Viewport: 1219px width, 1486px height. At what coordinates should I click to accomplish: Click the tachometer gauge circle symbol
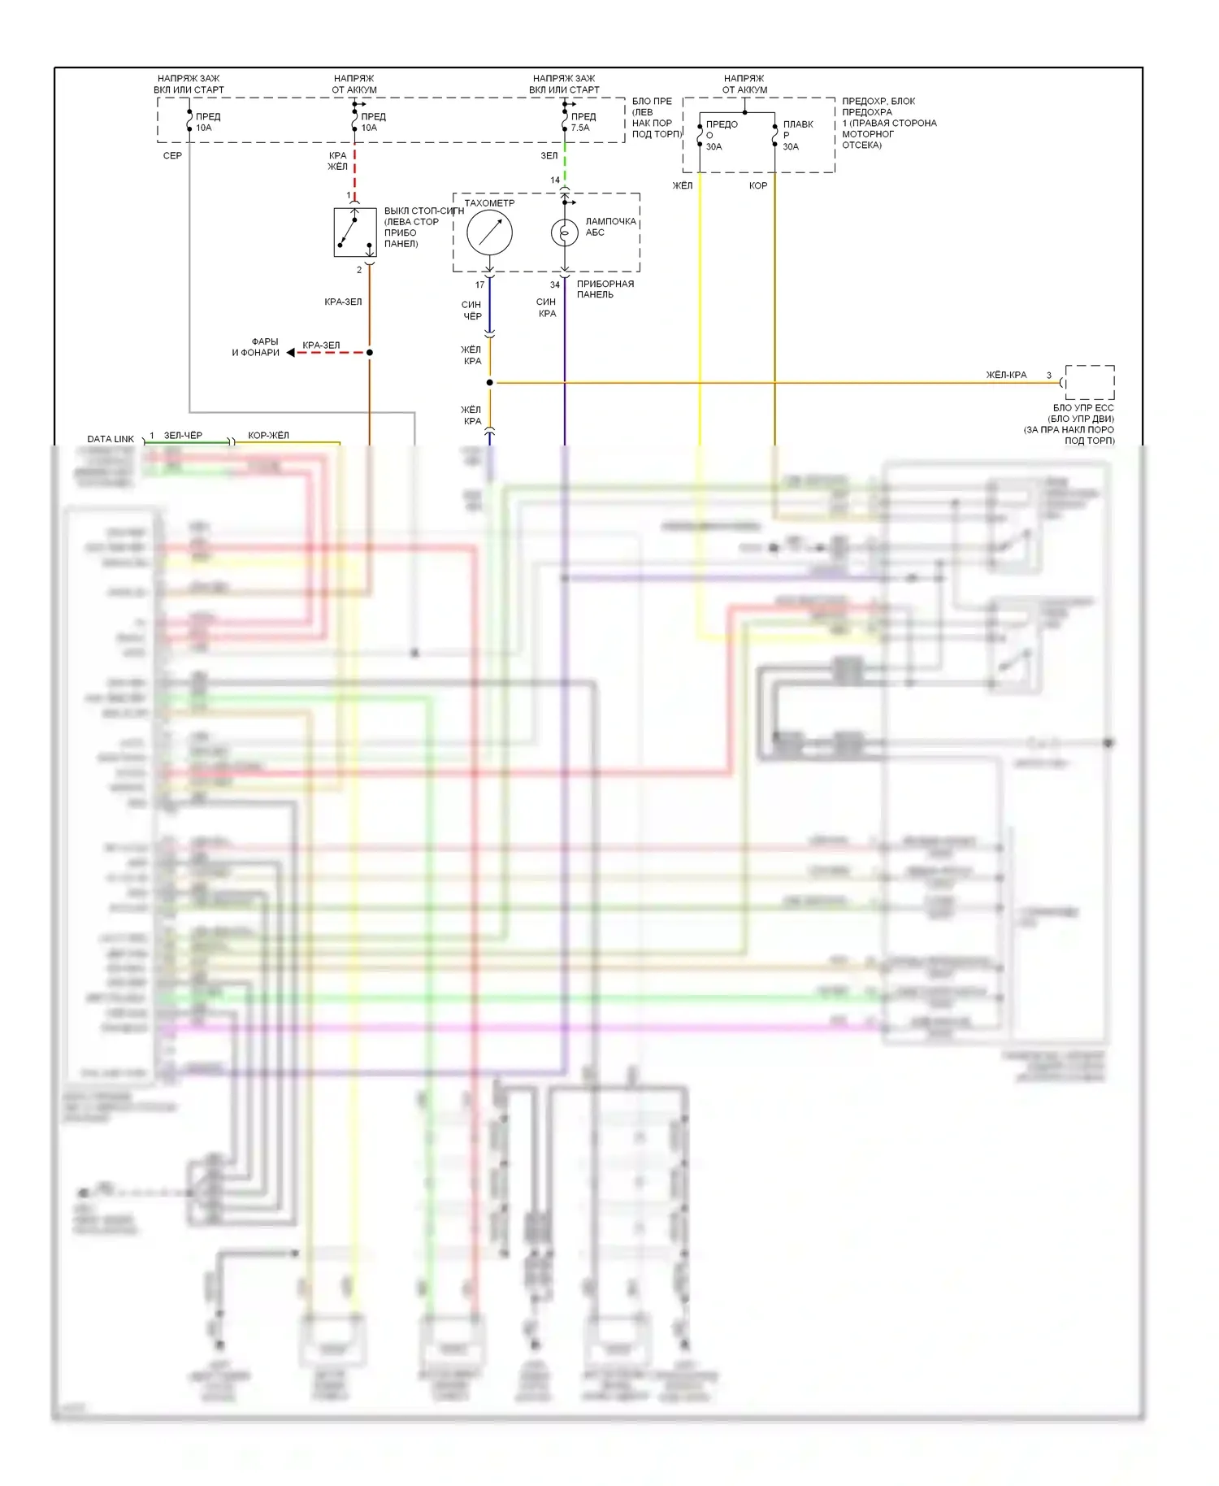point(489,232)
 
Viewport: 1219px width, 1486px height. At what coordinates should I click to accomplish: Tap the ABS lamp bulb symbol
point(564,232)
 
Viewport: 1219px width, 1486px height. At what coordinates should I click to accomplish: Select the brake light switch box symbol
point(355,232)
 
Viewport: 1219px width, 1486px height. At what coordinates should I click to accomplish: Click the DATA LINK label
point(111,439)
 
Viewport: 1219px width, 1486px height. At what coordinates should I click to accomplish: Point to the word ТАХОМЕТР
point(489,203)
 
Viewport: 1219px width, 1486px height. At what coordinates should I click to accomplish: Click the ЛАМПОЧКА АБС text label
point(610,227)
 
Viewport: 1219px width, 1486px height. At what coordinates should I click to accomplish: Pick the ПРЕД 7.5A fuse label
point(583,122)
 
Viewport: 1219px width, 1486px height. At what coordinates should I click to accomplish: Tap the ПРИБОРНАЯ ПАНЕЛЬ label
point(605,289)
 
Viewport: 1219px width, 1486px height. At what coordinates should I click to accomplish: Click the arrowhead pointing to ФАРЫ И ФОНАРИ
point(291,353)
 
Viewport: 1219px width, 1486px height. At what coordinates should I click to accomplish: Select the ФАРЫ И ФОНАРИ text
point(256,347)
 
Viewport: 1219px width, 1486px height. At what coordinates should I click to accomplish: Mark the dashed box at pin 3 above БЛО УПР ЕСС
point(1090,382)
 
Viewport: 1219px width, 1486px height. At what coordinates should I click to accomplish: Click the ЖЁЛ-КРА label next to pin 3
point(1006,375)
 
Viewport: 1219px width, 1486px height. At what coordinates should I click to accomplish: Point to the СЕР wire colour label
point(172,155)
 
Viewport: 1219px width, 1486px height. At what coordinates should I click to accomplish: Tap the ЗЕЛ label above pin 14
point(549,155)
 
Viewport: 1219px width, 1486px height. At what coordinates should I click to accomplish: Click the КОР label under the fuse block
point(757,185)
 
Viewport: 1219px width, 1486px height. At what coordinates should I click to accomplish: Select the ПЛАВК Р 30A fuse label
point(796,135)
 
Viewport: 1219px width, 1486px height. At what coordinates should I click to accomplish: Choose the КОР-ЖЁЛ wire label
point(268,435)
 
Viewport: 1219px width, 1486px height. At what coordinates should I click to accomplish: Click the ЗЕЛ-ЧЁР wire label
point(183,435)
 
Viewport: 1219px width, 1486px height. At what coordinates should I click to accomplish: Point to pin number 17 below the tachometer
point(479,285)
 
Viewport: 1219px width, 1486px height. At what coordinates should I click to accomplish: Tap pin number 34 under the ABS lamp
point(554,285)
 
